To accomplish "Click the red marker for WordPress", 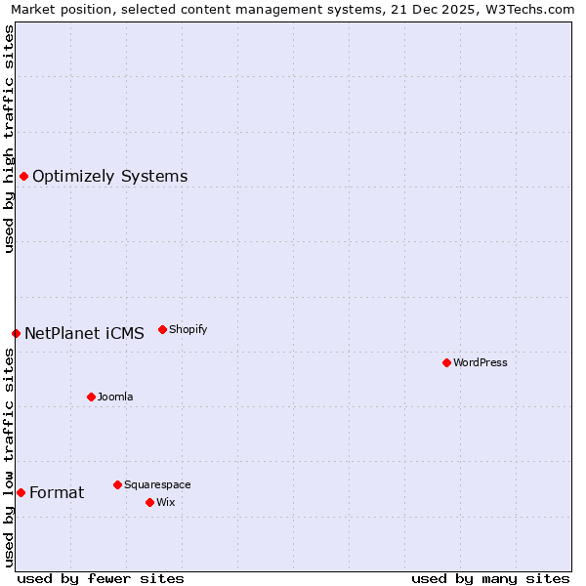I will pos(446,362).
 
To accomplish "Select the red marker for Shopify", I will pos(162,329).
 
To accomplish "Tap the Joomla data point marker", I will pos(91,397).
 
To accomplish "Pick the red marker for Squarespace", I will pos(117,484).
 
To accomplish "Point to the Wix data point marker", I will pos(149,502).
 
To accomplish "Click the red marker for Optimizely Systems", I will pos(23,176).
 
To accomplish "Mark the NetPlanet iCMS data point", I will pos(16,333).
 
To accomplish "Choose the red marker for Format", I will pos(21,492).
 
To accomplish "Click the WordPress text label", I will pos(481,362).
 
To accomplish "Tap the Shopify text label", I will pos(188,329).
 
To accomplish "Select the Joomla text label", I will pos(115,397).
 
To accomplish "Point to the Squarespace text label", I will pos(157,484).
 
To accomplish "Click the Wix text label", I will pos(166,502).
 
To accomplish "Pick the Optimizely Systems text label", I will pos(110,176).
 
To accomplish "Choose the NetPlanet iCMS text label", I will pos(84,333).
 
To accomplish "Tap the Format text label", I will pos(57,492).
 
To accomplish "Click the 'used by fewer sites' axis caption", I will pos(101,578).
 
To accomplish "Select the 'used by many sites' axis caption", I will pos(490,578).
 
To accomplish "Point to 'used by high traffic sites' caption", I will pos(9,139).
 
